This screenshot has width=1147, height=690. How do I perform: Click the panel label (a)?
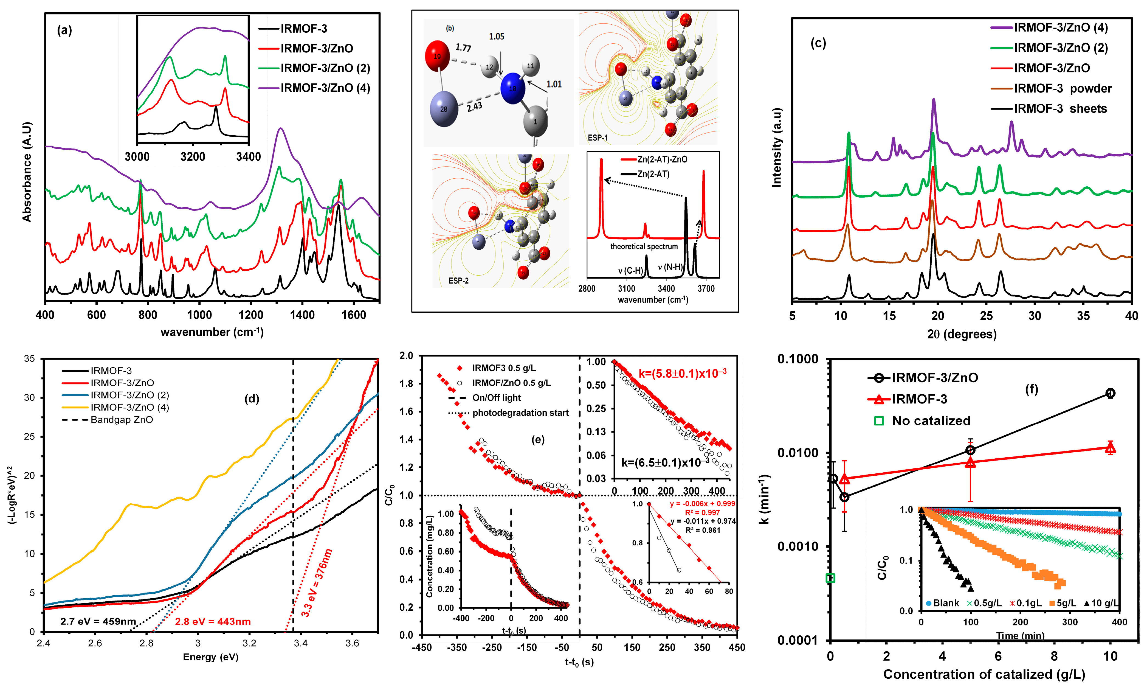tap(64, 31)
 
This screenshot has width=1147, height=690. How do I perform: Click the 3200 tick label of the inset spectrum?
tap(192, 157)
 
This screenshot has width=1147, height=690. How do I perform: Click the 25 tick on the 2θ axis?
tap(986, 316)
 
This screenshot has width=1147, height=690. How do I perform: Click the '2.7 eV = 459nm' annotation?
tap(98, 622)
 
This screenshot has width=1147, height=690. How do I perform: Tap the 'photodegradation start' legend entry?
tap(520, 413)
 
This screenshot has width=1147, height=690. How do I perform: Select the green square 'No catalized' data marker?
tap(830, 578)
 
